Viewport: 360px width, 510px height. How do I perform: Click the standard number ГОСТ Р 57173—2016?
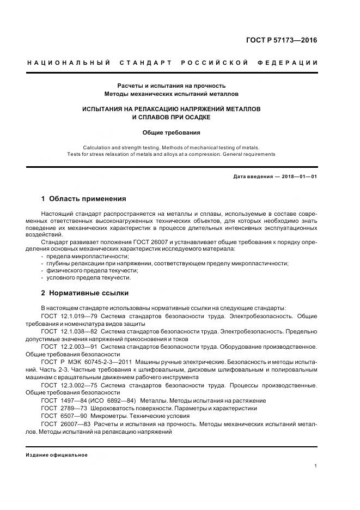282,40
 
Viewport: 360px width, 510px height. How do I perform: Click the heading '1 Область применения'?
83,198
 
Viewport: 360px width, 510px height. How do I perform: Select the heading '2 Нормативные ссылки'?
83,292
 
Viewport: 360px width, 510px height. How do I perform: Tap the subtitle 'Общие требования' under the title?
171,132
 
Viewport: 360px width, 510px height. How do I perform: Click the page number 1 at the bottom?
316,466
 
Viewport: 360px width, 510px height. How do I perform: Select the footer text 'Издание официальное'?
57,455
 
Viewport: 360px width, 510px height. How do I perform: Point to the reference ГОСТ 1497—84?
62,400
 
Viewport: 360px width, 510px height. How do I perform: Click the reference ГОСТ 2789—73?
62,408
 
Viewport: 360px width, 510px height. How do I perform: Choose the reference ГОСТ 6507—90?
62,415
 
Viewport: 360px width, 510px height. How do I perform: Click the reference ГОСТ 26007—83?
64,423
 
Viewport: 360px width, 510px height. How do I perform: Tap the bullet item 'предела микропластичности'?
87,256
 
